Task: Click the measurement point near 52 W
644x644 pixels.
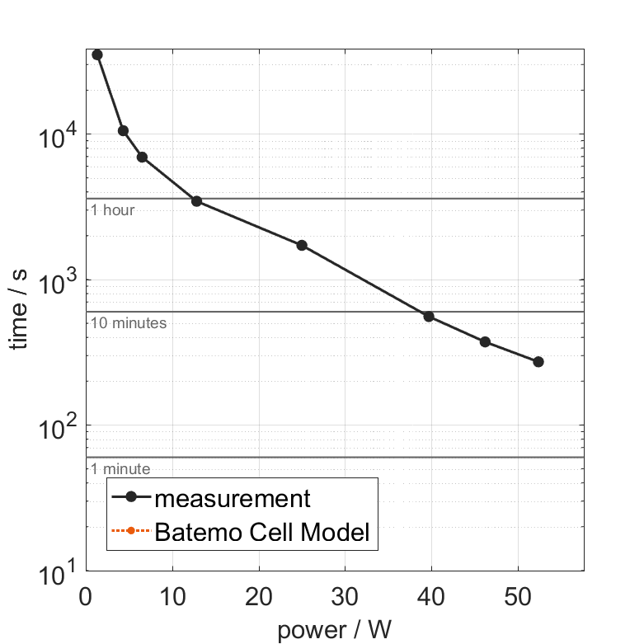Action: click(538, 362)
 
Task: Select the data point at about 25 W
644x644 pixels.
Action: click(302, 246)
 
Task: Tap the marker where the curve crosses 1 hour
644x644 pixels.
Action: click(196, 201)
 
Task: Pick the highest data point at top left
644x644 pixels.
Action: click(97, 54)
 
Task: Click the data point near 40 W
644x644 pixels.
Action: click(429, 317)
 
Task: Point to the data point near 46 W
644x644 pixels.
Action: click(485, 342)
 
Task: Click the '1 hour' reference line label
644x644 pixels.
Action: click(113, 210)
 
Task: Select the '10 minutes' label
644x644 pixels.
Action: click(129, 323)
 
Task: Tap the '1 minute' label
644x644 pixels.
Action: click(120, 469)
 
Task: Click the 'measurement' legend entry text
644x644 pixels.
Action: click(233, 499)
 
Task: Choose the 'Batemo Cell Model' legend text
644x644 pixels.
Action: click(262, 532)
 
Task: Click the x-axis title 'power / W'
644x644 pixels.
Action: click(334, 630)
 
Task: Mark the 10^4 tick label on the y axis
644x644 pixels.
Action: click(58, 134)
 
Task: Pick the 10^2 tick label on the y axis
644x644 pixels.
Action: click(58, 425)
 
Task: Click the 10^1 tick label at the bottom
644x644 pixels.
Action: click(58, 571)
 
